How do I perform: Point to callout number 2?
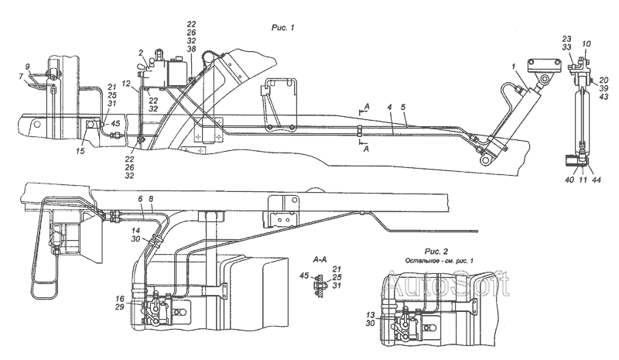pos(141,52)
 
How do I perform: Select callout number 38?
pos(192,47)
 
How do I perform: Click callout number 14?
pos(135,230)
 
